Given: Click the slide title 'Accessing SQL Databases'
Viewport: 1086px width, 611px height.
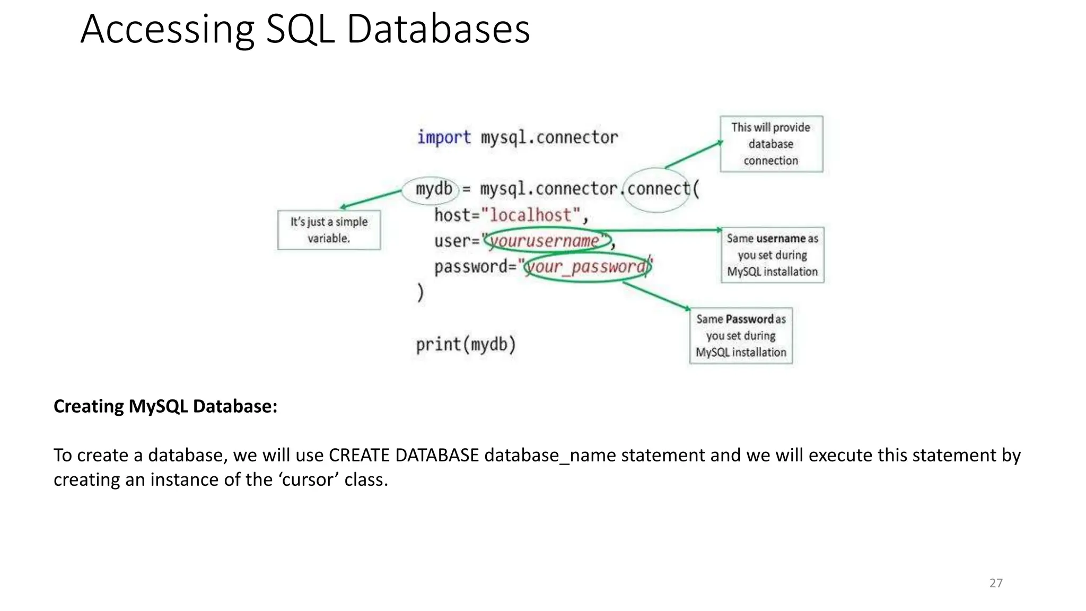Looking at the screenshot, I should coord(305,29).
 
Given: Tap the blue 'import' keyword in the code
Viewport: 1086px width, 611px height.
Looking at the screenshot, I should coord(443,137).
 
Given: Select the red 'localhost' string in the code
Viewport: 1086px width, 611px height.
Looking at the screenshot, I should coord(531,215).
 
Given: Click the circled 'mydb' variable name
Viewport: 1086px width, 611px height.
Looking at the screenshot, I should coord(433,189).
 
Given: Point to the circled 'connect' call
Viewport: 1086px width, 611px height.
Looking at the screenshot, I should coord(658,189).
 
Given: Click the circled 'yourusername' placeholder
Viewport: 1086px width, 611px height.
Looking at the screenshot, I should coord(545,241).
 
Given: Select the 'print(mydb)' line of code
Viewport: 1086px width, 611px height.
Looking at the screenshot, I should coord(466,345).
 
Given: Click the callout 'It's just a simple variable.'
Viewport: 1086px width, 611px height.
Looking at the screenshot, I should coord(329,230).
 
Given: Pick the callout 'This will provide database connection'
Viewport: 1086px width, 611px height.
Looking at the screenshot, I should coord(771,144).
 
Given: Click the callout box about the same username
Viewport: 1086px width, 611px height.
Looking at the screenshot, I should coord(772,255).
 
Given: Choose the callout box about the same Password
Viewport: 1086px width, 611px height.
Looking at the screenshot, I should coord(741,336).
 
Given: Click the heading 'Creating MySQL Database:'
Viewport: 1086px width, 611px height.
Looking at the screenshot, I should coord(165,406).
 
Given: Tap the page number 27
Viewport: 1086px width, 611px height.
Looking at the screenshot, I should coord(996,583).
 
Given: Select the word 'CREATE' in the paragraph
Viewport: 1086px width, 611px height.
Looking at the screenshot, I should coord(359,455).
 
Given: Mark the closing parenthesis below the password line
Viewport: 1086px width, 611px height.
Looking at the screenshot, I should coord(421,292).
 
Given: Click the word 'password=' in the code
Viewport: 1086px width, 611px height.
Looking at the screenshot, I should coord(475,266).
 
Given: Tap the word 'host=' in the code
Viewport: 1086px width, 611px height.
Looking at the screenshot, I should coord(457,215).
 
